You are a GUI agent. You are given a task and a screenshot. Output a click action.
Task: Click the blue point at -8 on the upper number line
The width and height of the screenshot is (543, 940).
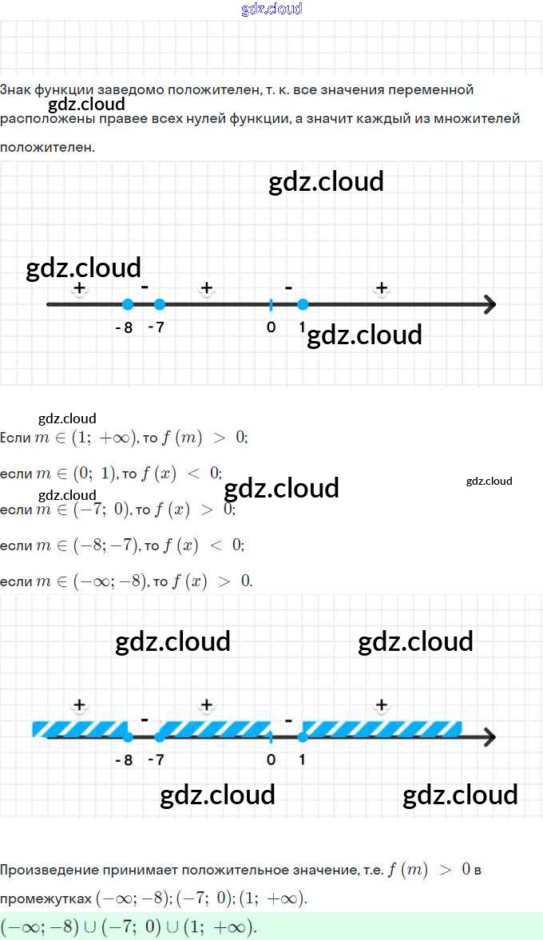[x=127, y=304]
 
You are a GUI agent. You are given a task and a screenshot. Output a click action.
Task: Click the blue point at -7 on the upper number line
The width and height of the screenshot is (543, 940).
[x=159, y=304]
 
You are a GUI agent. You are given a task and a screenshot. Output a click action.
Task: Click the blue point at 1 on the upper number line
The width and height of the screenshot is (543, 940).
[x=303, y=304]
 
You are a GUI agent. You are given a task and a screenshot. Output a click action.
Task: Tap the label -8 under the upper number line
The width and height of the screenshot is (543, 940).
[x=123, y=327]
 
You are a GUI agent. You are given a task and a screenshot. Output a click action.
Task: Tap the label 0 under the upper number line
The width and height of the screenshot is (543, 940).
[x=271, y=327]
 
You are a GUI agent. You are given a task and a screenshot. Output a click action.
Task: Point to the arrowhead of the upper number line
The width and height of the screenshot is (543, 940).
[x=489, y=304]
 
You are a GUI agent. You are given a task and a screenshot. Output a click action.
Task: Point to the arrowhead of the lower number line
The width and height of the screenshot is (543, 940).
[x=489, y=736]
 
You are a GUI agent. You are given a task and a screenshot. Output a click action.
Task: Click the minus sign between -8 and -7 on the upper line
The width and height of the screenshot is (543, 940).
[x=145, y=286]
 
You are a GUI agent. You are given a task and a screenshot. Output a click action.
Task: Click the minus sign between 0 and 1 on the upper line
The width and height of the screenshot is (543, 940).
[x=288, y=286]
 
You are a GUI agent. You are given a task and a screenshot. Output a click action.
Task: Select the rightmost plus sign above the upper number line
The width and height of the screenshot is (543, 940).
[x=382, y=288]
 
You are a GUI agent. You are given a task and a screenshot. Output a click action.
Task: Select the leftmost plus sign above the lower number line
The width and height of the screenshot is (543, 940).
[x=79, y=704]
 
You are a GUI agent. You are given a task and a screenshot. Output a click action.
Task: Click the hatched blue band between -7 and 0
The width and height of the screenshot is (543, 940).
[x=214, y=729]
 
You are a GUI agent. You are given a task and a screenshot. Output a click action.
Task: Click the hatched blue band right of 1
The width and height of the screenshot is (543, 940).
[x=382, y=729]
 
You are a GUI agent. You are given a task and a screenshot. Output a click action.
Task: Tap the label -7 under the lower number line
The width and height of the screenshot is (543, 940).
[x=156, y=760]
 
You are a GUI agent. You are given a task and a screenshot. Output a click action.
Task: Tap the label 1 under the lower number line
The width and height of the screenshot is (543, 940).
[x=302, y=760]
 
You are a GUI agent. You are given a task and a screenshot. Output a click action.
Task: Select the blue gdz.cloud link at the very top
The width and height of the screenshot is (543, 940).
[x=271, y=10]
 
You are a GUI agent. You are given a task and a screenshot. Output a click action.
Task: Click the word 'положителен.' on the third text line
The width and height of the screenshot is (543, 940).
[x=47, y=147]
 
